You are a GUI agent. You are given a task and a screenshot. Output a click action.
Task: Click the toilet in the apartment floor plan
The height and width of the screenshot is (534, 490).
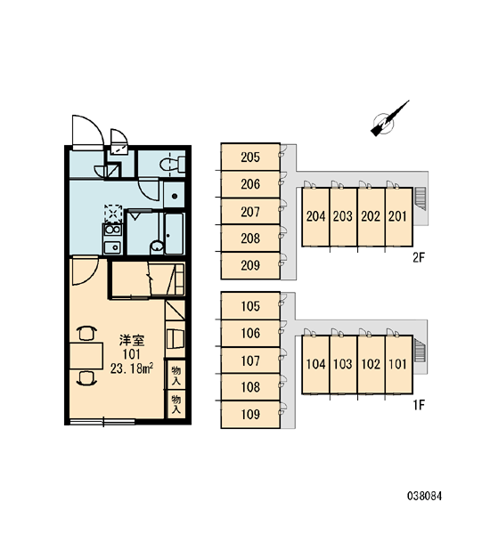click(x=173, y=164)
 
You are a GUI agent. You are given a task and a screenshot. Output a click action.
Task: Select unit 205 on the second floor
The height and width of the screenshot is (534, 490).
click(x=250, y=157)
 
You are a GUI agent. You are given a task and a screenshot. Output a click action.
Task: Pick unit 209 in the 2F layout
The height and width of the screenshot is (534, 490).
click(x=250, y=265)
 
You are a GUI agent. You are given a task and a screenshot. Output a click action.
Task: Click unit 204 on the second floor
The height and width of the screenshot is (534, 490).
click(x=315, y=216)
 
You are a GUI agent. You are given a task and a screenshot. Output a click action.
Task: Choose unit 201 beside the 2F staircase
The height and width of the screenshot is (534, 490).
click(x=398, y=216)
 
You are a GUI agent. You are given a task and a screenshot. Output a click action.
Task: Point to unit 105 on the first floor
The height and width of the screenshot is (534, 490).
click(x=250, y=306)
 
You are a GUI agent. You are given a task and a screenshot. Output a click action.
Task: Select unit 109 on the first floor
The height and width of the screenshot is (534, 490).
click(x=250, y=414)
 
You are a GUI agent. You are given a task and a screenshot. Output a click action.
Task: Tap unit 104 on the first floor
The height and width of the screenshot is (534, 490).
click(x=315, y=364)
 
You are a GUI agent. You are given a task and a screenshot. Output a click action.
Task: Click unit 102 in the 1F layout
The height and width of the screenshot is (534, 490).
click(x=371, y=364)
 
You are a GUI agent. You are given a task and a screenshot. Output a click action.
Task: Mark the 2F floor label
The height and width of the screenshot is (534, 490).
click(x=419, y=258)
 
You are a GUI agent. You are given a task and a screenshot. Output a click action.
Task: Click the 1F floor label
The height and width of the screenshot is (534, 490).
click(x=419, y=405)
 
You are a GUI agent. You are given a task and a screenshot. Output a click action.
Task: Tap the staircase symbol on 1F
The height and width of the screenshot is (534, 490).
click(x=421, y=350)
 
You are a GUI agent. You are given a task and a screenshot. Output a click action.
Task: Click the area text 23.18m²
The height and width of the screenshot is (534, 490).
click(x=132, y=368)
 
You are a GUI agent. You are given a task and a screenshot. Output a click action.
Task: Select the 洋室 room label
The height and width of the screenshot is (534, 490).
click(x=132, y=340)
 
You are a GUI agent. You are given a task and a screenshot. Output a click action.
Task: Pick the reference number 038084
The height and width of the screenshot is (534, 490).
click(x=425, y=496)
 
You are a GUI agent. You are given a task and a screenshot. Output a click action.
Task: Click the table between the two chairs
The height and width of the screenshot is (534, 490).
click(x=86, y=356)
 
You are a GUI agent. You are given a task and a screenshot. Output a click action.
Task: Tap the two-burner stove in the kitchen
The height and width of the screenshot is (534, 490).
click(x=113, y=230)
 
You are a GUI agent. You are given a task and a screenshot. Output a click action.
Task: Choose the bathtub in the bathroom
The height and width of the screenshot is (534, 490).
click(x=175, y=233)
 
